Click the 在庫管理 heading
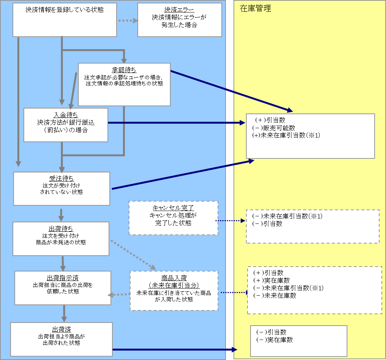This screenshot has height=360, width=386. [x=255, y=9]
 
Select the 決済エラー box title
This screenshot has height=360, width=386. [x=179, y=10]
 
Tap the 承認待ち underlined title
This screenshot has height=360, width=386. [x=124, y=70]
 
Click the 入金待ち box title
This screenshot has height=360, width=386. [x=65, y=115]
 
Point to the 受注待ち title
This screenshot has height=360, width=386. [x=61, y=178]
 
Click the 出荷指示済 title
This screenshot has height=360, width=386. [x=63, y=278]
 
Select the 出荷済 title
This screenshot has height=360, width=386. [x=61, y=329]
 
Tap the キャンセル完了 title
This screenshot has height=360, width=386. [x=173, y=208]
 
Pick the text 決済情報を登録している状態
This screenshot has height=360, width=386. [x=65, y=10]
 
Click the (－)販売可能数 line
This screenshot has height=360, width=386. [x=274, y=128]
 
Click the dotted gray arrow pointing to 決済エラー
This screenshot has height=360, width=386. [x=128, y=20]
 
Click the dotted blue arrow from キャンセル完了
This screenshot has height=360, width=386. [x=230, y=220]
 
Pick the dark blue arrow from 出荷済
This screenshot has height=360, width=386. [x=174, y=350]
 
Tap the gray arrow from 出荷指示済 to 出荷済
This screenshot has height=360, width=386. [x=64, y=313]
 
